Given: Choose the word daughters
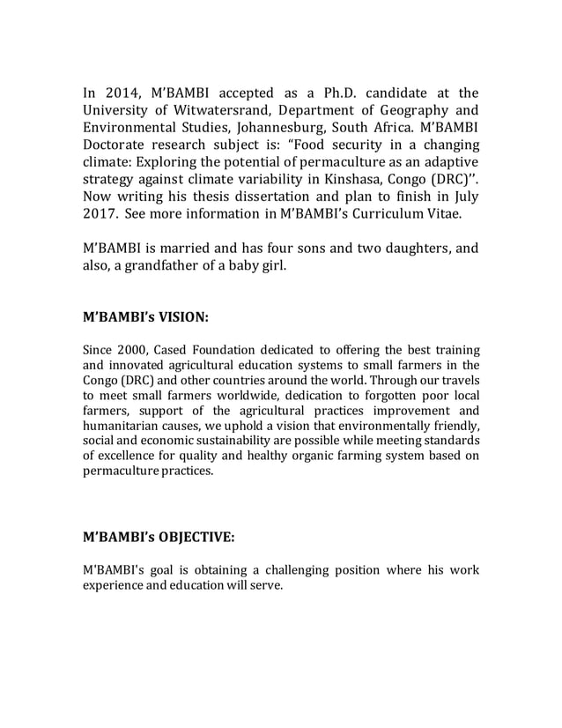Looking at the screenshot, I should pos(410,248).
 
